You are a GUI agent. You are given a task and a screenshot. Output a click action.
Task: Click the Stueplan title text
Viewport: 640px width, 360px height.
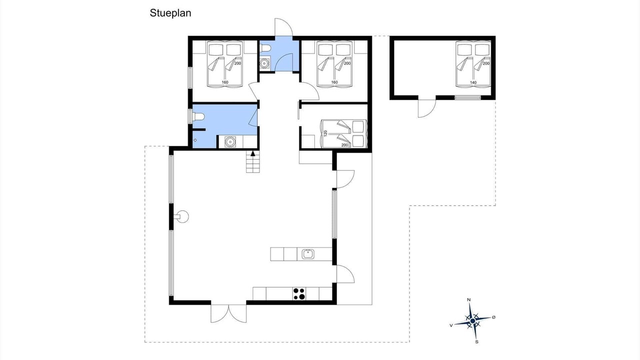(x=170, y=13)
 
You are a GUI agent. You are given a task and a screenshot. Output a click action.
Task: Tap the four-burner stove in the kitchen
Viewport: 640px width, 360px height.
(x=299, y=294)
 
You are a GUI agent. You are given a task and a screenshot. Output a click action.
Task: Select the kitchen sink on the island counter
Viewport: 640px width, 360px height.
(x=308, y=254)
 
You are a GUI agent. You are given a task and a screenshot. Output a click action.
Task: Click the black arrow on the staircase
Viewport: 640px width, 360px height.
(x=253, y=153)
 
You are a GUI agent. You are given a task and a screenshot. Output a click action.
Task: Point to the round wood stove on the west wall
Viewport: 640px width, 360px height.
(x=181, y=216)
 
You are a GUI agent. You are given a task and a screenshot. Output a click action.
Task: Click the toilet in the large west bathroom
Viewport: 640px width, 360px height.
(x=198, y=116)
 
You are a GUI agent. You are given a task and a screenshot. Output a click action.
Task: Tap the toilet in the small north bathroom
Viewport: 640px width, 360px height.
(x=265, y=49)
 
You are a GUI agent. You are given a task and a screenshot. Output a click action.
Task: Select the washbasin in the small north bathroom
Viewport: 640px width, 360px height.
(x=265, y=63)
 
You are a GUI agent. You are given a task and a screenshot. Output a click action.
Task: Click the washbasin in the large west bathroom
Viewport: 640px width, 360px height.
(x=230, y=141)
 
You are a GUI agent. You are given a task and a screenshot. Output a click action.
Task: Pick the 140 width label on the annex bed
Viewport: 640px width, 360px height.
(x=473, y=82)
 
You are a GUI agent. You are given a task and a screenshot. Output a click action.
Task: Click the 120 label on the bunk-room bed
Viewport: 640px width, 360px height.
(x=325, y=133)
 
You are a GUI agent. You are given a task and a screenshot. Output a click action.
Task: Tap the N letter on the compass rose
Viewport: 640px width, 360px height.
(x=468, y=299)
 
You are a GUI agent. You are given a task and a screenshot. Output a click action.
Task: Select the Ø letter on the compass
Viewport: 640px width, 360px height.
(x=493, y=317)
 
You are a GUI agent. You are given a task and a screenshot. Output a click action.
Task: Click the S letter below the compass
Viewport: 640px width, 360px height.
(x=477, y=341)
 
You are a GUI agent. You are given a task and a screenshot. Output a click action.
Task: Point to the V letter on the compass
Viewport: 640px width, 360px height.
(x=451, y=325)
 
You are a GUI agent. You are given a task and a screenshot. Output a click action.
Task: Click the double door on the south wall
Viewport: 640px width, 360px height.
(x=228, y=313)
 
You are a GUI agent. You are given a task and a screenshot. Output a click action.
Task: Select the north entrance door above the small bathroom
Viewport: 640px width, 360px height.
(x=283, y=27)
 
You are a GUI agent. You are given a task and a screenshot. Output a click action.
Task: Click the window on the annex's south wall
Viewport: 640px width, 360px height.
(x=467, y=97)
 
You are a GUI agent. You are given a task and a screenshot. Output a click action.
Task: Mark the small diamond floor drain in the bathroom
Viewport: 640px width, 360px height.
(x=195, y=140)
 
